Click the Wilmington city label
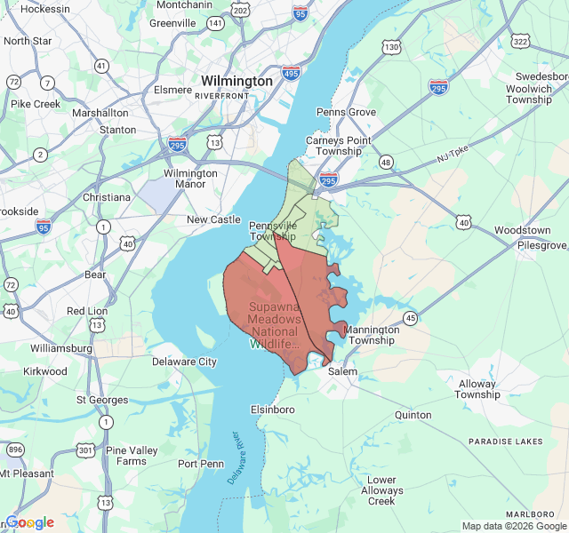coord(236,81)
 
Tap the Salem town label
coord(342,372)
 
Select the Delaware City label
coord(184,362)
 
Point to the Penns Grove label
coord(347,113)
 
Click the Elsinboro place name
coord(273,410)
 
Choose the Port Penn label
coord(201,464)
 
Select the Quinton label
coord(413,415)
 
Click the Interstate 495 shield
coord(292,75)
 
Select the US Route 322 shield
coord(521,42)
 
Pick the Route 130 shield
coord(391,47)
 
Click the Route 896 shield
coord(15,450)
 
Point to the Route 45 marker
coord(410,317)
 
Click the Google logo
coord(30,522)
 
